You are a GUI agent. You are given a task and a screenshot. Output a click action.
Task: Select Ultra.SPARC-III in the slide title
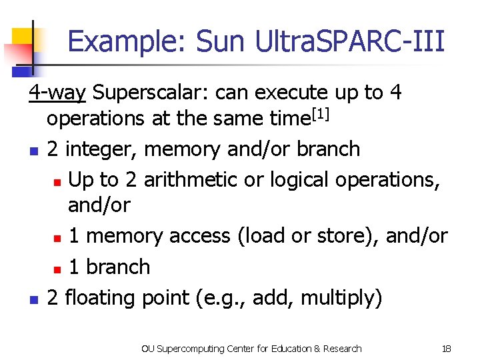click(349, 41)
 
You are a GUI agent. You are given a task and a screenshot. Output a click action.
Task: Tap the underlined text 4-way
click(57, 92)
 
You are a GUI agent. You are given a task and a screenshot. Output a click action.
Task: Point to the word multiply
click(341, 297)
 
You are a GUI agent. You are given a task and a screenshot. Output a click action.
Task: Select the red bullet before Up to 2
click(57, 181)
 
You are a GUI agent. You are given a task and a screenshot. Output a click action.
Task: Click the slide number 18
click(447, 348)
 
